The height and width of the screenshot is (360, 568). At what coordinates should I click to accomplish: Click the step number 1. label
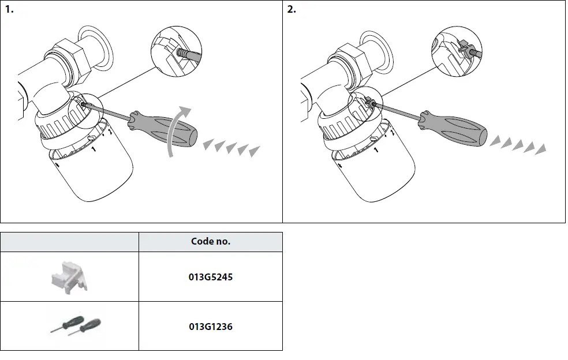pos(9,10)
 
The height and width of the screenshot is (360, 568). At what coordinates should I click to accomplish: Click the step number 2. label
pos(292,10)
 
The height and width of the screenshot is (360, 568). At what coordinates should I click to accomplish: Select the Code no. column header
pos(211,242)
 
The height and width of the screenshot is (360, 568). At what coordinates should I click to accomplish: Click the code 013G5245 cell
pos(211,276)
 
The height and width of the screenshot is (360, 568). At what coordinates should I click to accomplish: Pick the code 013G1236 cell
pos(211,326)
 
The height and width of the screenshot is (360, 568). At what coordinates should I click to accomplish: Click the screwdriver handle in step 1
pos(165,127)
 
